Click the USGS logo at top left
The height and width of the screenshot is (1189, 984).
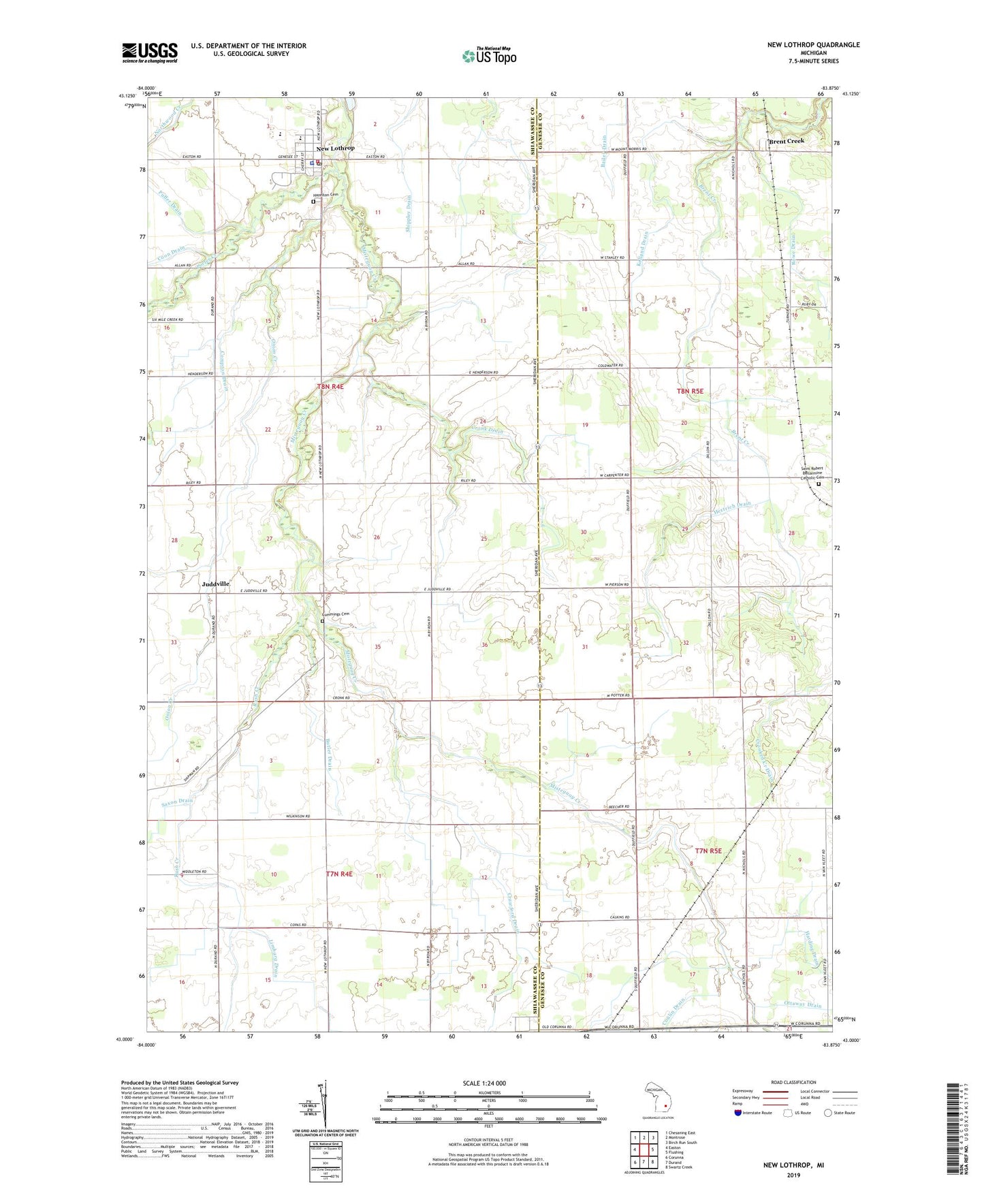click(x=150, y=52)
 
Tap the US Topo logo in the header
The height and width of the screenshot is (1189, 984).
click(x=488, y=56)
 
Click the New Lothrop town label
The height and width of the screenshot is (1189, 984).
click(x=335, y=148)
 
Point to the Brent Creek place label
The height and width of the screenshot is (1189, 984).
click(x=786, y=141)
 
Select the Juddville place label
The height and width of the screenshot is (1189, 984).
click(x=215, y=584)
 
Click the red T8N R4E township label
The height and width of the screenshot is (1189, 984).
click(x=330, y=386)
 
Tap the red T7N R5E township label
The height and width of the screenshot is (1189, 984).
click(x=708, y=851)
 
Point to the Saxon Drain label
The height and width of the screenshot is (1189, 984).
click(x=177, y=801)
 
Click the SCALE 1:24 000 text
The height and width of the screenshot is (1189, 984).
click(x=484, y=1083)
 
